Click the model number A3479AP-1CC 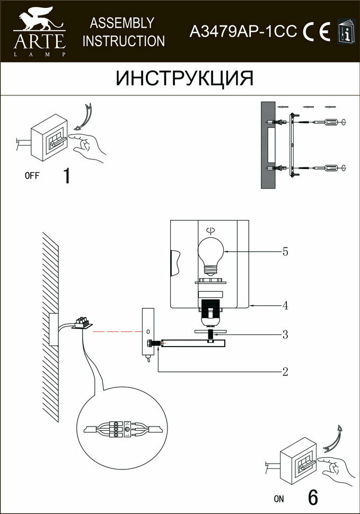243,32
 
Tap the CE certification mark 317,32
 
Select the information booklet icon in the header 346,32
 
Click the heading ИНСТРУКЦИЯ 185,78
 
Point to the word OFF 32,176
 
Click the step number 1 66,175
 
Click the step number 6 313,498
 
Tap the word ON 279,499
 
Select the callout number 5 285,252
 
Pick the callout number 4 285,305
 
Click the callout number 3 285,334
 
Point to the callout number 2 285,371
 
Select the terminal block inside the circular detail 121,428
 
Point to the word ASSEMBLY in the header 122,23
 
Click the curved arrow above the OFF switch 86,115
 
